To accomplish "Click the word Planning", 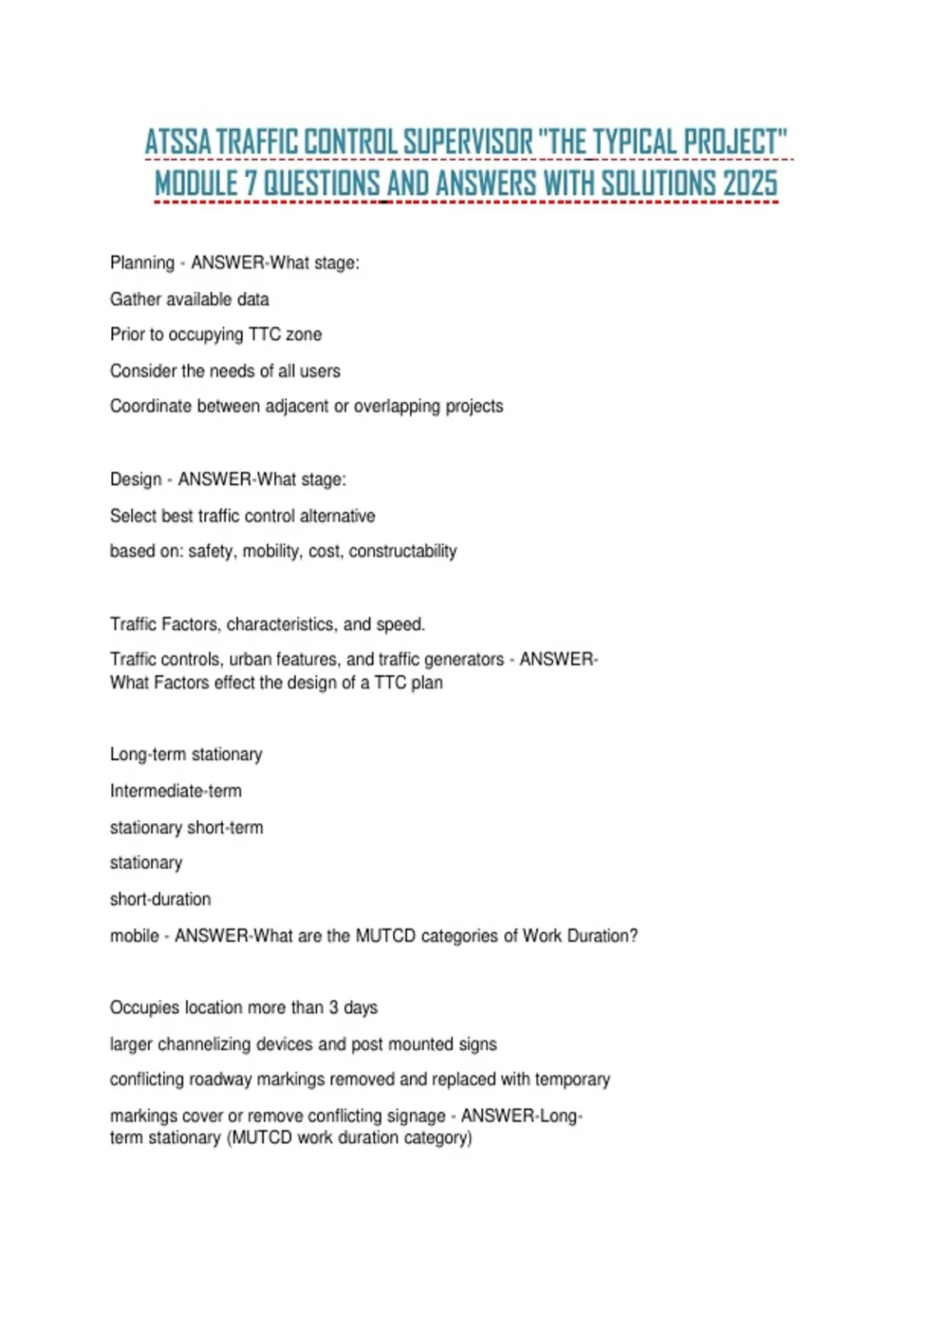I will click(x=142, y=263).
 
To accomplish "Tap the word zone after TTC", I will click(x=304, y=335).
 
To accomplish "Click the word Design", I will click(x=136, y=479).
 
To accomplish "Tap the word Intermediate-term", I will click(x=176, y=791).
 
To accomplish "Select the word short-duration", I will click(x=160, y=899).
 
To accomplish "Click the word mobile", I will click(x=134, y=936).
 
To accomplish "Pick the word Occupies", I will click(x=143, y=1008).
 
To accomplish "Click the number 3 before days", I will click(x=333, y=1008).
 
